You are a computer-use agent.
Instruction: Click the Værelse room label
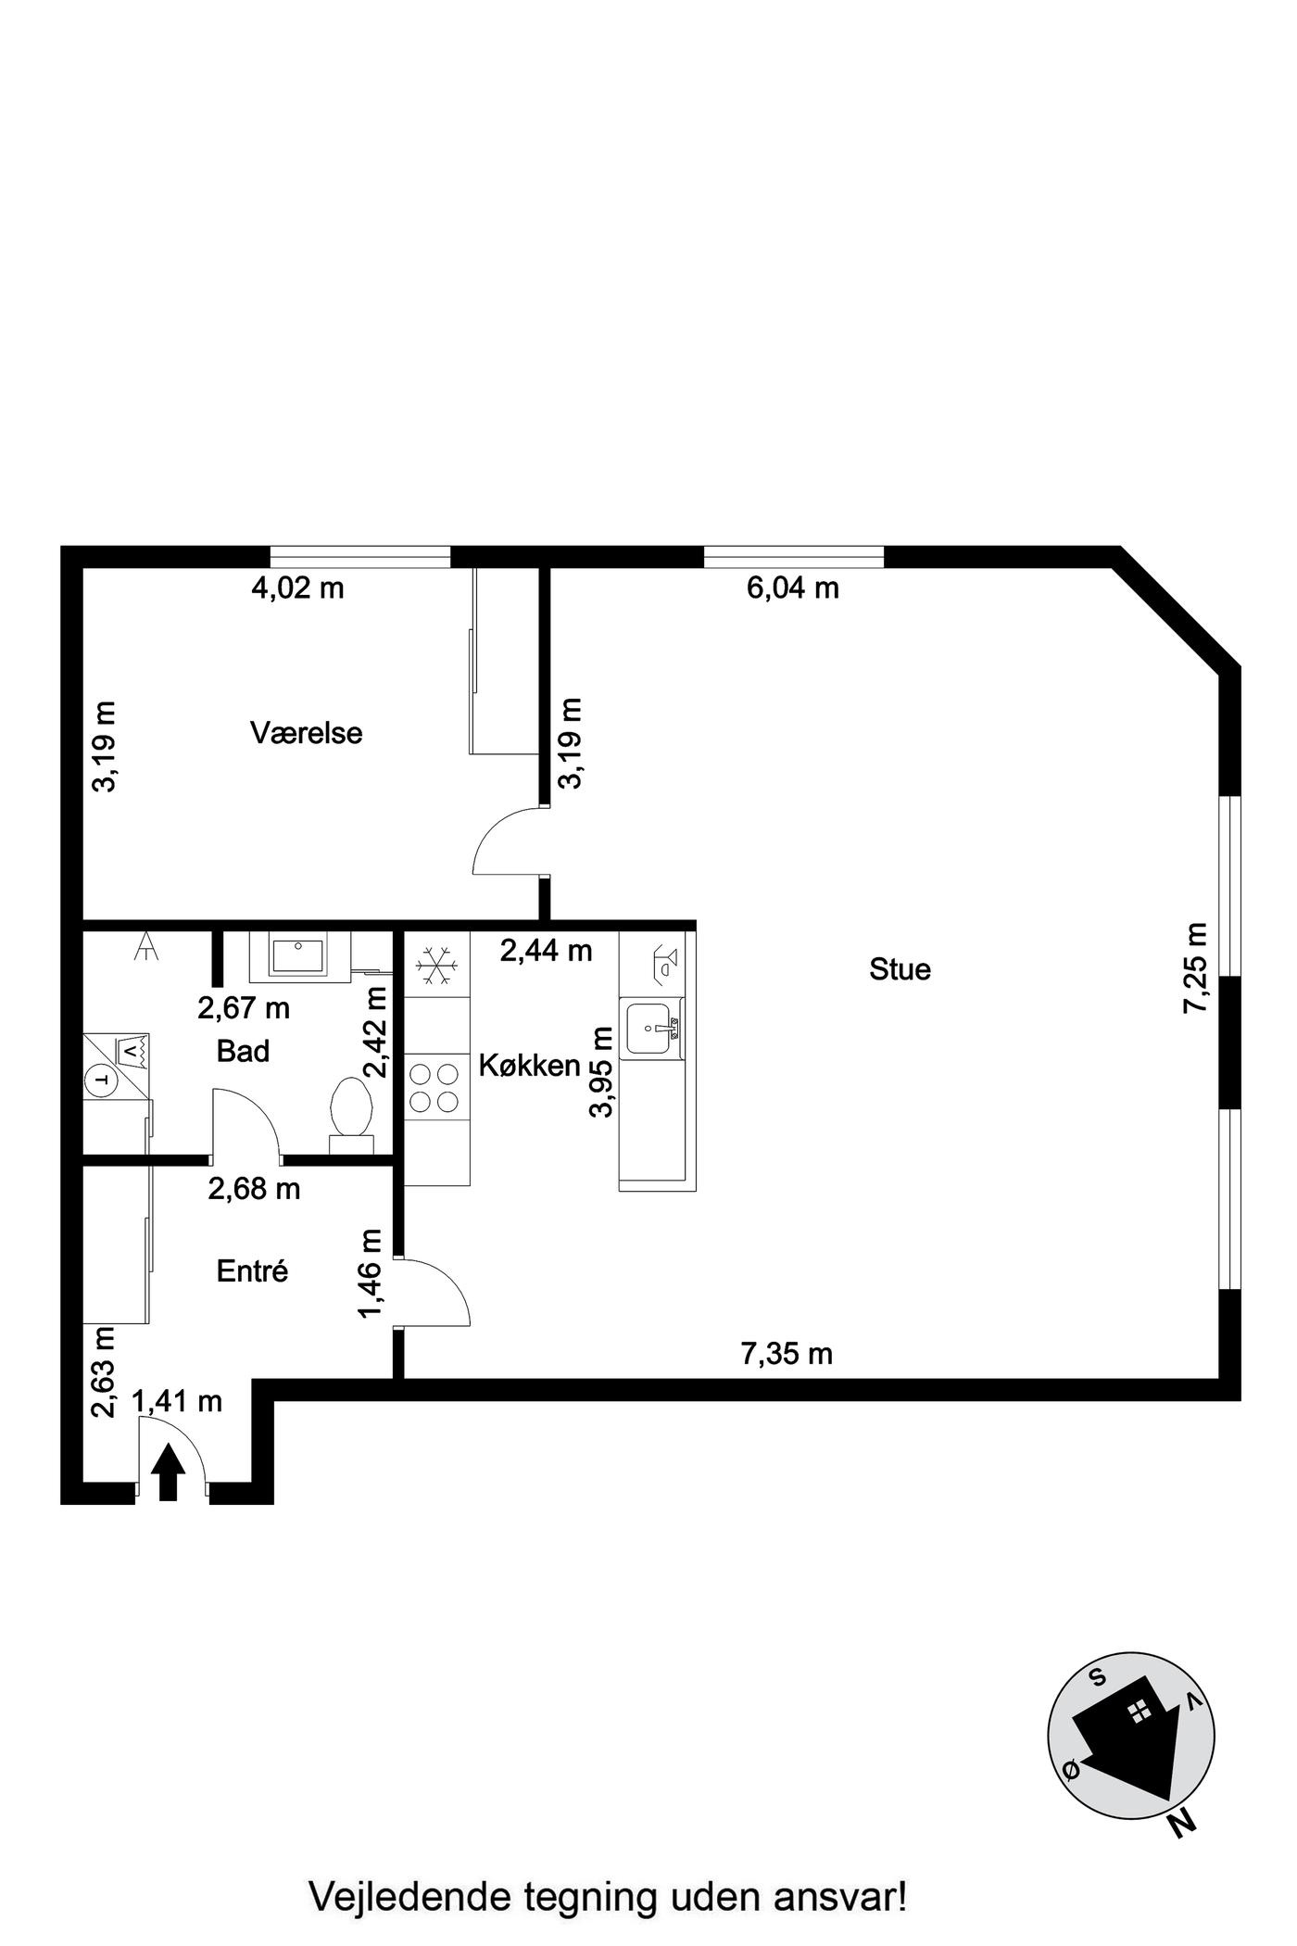click(306, 733)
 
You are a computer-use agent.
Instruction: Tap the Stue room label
click(900, 969)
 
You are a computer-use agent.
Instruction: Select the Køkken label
click(529, 1066)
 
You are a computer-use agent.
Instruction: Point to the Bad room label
click(243, 1051)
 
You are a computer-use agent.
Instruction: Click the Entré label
click(252, 1270)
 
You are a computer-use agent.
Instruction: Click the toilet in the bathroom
click(351, 1115)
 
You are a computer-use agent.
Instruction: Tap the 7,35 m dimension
click(787, 1354)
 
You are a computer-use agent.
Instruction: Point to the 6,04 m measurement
click(793, 588)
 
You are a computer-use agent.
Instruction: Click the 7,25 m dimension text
click(1196, 967)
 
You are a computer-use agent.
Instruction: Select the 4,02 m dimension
click(297, 588)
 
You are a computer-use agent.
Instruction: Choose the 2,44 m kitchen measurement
click(546, 950)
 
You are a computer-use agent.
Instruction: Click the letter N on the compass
click(1182, 1823)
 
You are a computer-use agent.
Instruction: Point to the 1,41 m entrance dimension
click(177, 1401)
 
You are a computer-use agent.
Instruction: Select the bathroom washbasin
click(296, 955)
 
